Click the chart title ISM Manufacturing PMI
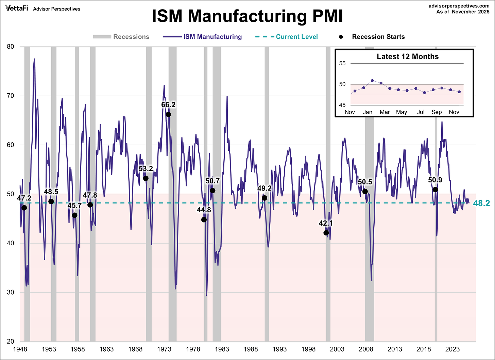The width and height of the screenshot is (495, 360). (x=247, y=16)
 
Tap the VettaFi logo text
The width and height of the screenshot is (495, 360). (x=17, y=9)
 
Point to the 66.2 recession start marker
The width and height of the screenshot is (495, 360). (x=168, y=115)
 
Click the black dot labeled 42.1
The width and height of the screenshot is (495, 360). (x=326, y=233)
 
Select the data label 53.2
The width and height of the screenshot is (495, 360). (x=146, y=169)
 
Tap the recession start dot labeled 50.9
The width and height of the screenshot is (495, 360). (x=435, y=190)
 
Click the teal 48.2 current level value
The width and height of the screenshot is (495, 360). (x=481, y=203)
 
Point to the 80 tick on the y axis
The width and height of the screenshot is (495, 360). (x=11, y=47)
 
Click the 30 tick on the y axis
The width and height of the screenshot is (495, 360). (x=11, y=292)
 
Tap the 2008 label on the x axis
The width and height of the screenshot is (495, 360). (x=366, y=349)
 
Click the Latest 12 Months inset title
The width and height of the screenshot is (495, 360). (x=408, y=57)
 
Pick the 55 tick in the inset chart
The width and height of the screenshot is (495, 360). (x=342, y=63)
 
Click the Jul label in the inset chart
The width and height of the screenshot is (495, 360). (x=421, y=112)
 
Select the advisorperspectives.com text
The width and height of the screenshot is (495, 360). (x=459, y=6)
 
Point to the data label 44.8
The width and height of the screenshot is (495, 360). (x=204, y=210)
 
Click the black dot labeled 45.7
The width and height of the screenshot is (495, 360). (x=75, y=215)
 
